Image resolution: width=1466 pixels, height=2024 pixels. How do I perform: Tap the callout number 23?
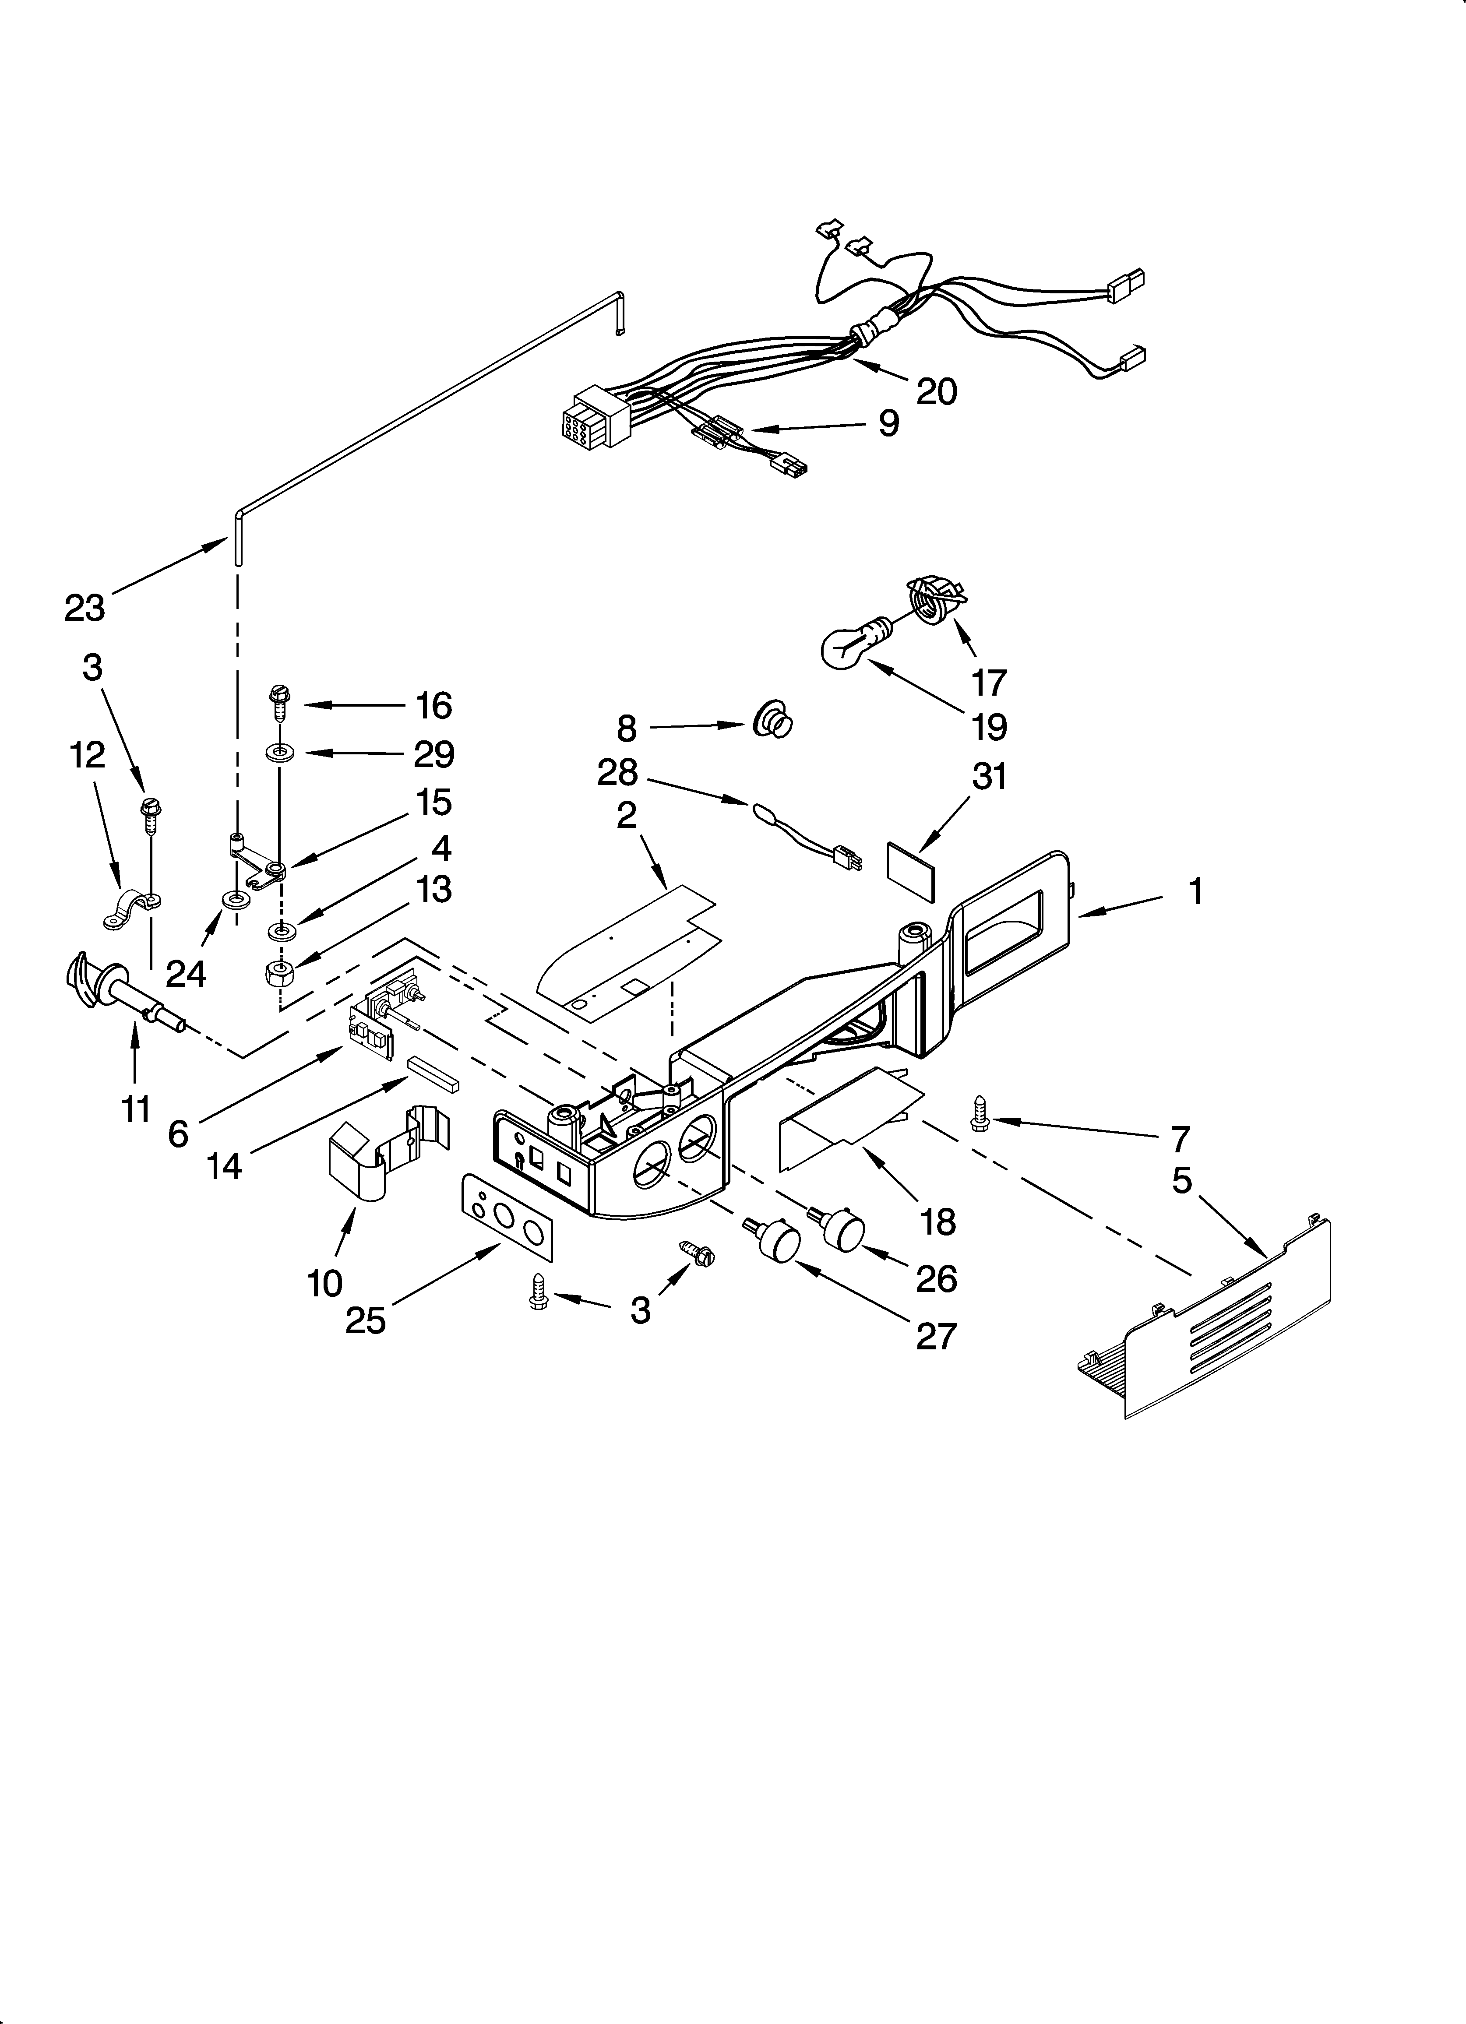pos(85,608)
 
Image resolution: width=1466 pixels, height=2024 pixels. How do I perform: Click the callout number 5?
pos(1181,1181)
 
